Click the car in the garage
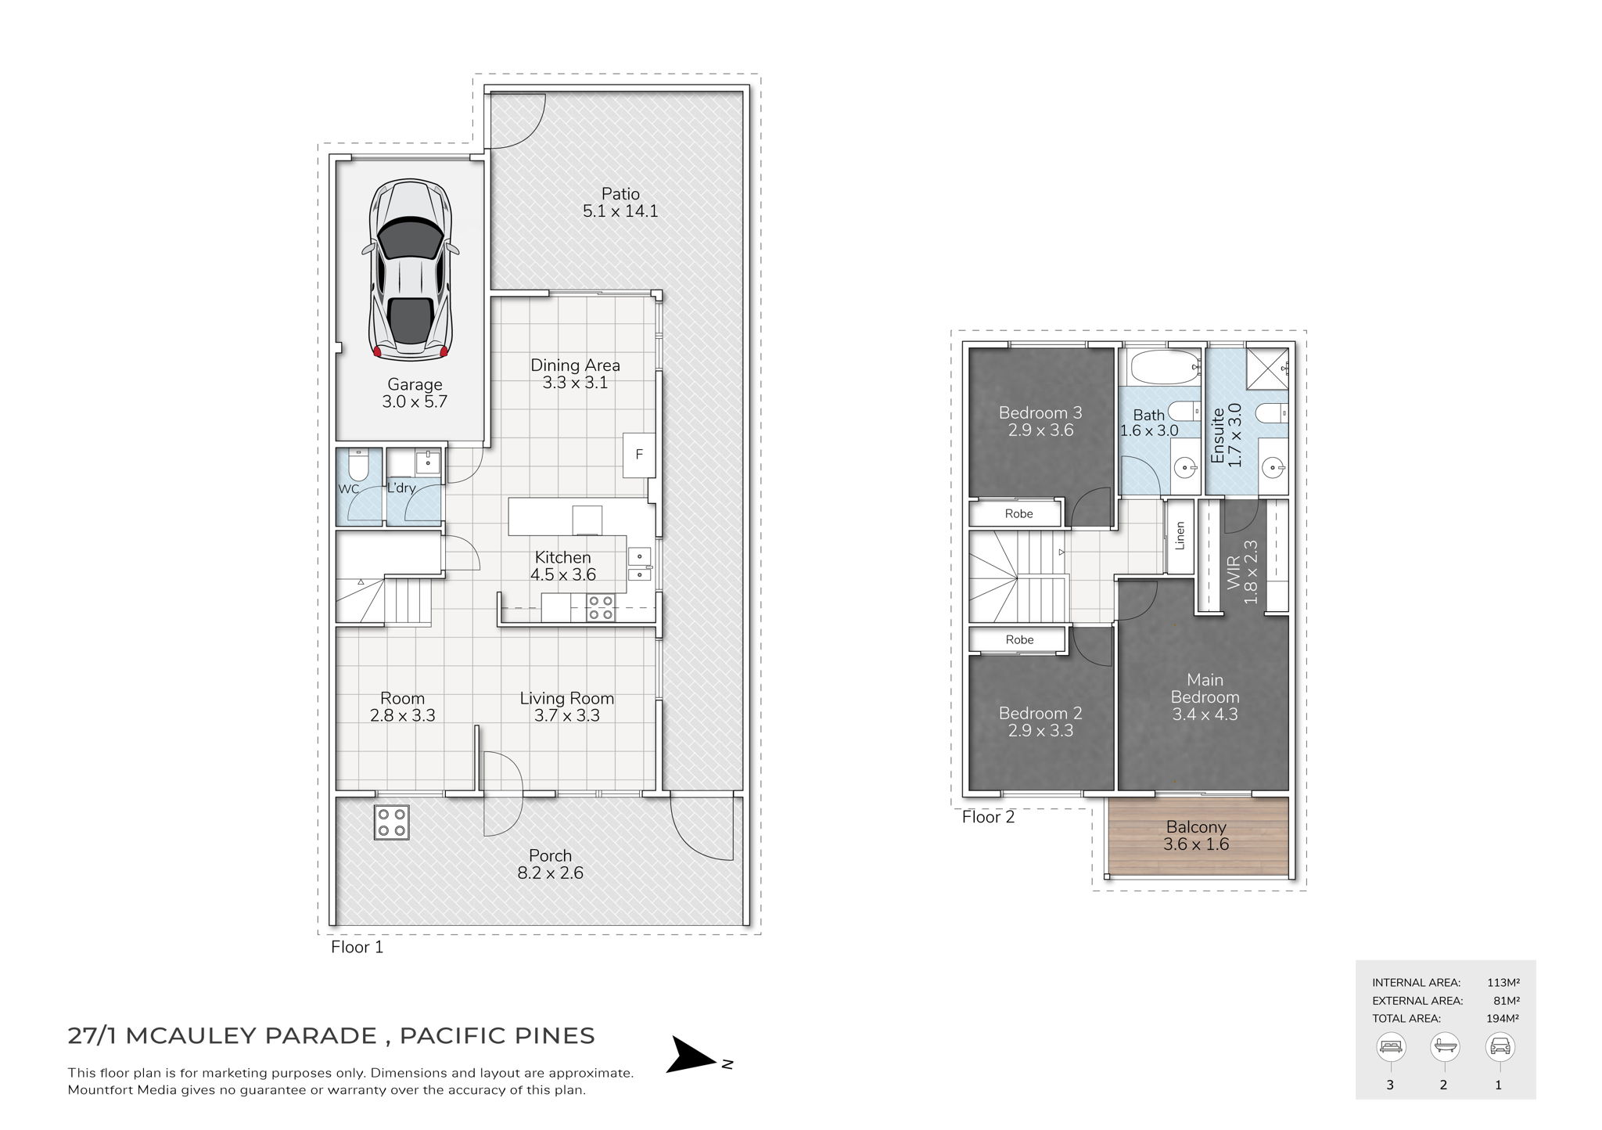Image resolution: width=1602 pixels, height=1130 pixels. (409, 269)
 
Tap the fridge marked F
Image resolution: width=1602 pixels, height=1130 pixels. (639, 455)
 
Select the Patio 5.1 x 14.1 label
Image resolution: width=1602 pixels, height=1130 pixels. (620, 203)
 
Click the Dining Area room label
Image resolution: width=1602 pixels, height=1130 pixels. (575, 365)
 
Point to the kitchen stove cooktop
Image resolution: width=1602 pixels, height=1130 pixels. (600, 608)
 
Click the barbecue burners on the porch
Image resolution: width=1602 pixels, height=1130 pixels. (391, 822)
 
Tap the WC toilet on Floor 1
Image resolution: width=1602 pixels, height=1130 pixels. (357, 465)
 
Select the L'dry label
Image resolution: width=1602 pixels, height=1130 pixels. (402, 489)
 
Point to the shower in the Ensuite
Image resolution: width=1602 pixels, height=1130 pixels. (1266, 366)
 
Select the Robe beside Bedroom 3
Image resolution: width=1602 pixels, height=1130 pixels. (1018, 514)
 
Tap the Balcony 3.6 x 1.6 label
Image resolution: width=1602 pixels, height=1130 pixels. (1196, 835)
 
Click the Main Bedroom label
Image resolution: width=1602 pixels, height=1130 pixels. (1205, 689)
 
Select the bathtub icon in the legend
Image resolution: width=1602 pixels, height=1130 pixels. (1443, 1046)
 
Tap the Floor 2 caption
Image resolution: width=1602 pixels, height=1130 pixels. (988, 818)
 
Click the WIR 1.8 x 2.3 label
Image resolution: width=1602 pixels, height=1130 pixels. (1241, 572)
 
